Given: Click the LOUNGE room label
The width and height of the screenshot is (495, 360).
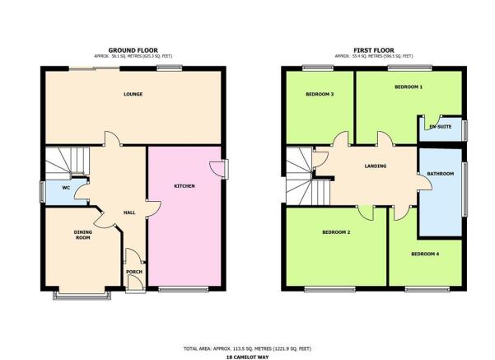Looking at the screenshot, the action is click(x=133, y=94).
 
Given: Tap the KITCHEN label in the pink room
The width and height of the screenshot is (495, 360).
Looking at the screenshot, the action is click(x=184, y=186).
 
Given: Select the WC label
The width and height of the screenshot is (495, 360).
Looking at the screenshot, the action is click(x=66, y=188).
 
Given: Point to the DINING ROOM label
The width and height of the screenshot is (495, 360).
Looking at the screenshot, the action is click(x=82, y=235).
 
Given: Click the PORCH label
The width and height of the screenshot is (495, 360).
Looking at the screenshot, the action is click(x=134, y=272).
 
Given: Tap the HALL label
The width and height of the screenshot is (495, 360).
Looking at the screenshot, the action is click(x=129, y=213).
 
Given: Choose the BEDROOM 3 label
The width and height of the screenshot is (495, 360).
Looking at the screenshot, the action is click(x=320, y=94).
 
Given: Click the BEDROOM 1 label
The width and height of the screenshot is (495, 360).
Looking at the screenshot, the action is click(x=409, y=86).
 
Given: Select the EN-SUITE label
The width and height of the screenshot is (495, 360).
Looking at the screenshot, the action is click(x=441, y=127).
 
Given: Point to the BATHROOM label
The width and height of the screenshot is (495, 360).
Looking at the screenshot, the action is click(x=441, y=174).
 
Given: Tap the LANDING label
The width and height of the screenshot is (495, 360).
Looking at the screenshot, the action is click(x=376, y=166).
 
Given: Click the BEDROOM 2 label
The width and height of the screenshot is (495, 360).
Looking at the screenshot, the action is click(x=336, y=232).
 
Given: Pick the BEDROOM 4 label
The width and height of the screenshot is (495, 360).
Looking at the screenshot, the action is click(x=425, y=254).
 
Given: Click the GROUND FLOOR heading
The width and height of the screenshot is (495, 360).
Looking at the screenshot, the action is click(x=133, y=50).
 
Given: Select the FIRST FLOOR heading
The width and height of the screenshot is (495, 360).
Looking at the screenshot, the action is click(x=374, y=50).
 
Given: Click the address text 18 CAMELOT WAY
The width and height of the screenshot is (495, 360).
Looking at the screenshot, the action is click(x=247, y=358).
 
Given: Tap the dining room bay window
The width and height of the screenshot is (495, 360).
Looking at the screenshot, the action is click(x=82, y=296).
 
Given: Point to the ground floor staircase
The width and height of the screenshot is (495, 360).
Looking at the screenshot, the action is click(x=68, y=161).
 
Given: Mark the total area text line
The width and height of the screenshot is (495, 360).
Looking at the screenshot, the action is click(x=247, y=348).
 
